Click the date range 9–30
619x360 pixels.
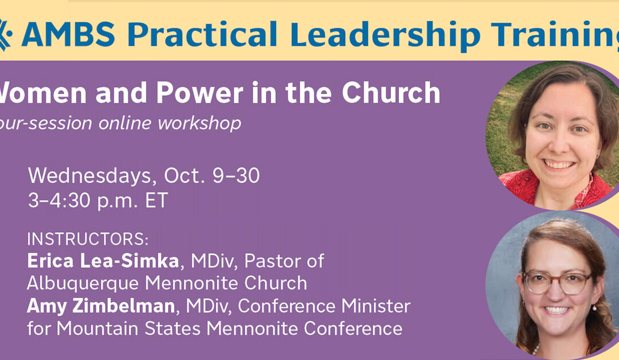point(234,175)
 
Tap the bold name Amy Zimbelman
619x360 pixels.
point(100,306)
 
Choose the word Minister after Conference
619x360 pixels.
point(376,306)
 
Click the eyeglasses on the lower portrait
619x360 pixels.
point(557,282)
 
